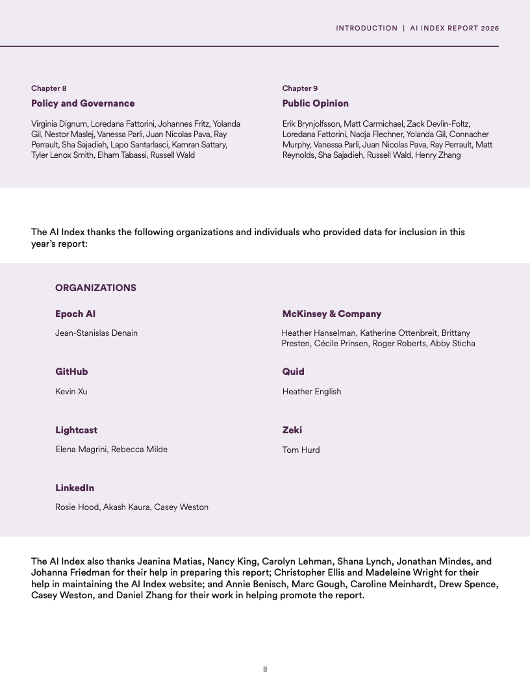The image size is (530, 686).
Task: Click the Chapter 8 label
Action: pos(49,88)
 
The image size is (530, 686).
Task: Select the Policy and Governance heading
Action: pos(83,103)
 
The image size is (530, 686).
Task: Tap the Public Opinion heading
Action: pos(315,103)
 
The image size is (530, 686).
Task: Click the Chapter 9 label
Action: pos(300,88)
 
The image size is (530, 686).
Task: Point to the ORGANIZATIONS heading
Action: pos(95,288)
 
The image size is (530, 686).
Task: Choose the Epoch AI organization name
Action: pos(75,314)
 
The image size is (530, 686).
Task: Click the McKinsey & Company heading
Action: pos(331,314)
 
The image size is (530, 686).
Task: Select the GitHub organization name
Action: pos(71,372)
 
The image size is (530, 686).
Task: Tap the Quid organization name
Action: pos(293,372)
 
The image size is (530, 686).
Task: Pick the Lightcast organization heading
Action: pos(76,430)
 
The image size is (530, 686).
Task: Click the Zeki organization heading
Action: pos(292,430)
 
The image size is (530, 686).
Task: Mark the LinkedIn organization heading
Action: pos(75,488)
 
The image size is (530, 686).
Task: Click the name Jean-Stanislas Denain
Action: pos(96,333)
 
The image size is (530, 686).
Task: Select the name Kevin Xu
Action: pos(71,391)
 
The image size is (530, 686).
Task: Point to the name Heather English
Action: pos(311,391)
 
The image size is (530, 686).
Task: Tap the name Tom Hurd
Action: pos(301,450)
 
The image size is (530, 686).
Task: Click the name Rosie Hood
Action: pos(77,507)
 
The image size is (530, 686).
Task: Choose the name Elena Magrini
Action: pos(81,450)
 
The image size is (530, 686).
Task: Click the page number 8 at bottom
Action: pos(265,669)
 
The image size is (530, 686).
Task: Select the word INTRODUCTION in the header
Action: pos(366,29)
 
